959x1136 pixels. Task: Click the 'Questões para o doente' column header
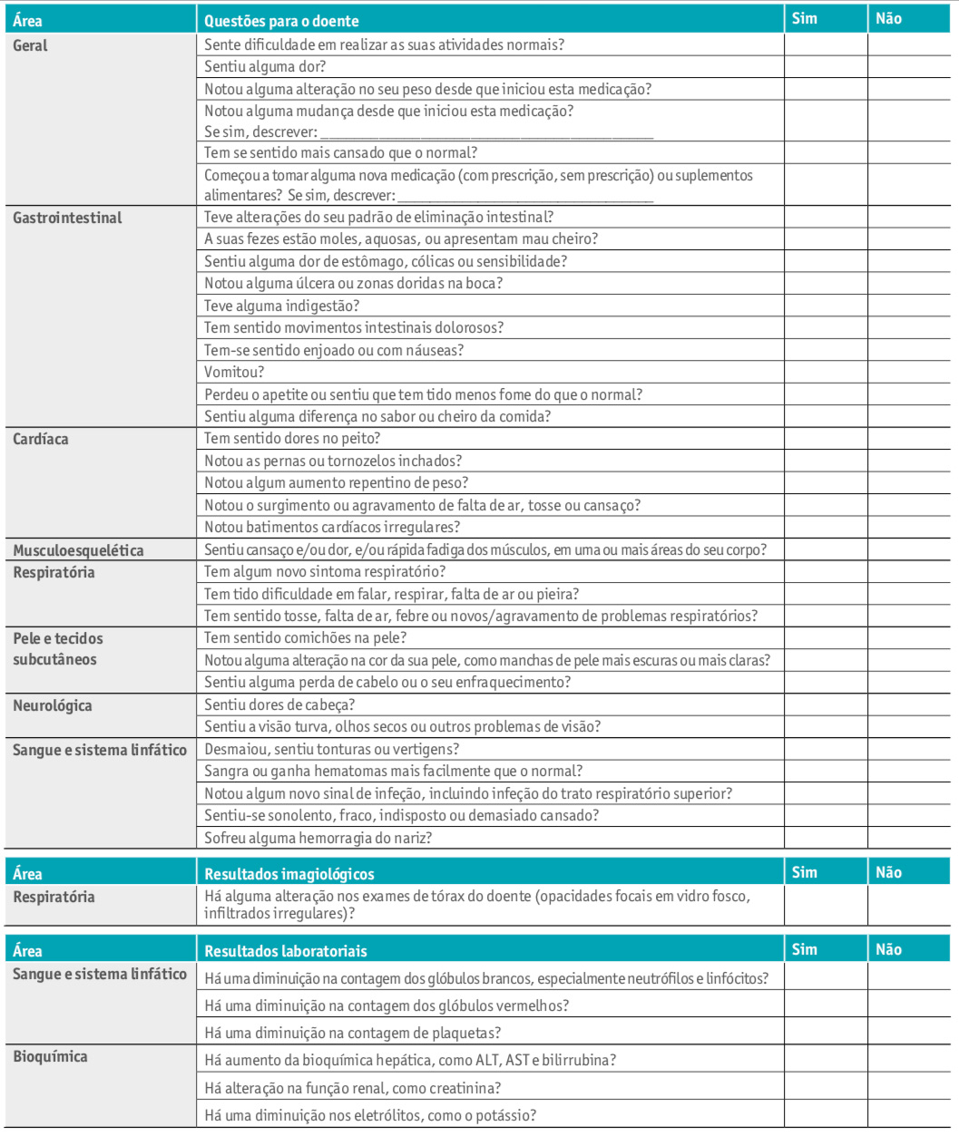coord(281,21)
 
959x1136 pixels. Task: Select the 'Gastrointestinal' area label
coord(67,218)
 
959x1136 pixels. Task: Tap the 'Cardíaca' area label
coord(41,439)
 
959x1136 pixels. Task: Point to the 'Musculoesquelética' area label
coord(78,550)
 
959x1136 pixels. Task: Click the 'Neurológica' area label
coord(53,705)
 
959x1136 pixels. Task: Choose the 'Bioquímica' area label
coord(51,1056)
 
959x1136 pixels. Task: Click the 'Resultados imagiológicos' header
coord(289,874)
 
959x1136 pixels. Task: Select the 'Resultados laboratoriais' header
coord(285,951)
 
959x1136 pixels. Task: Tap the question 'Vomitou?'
coord(234,372)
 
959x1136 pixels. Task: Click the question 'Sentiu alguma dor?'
coord(265,66)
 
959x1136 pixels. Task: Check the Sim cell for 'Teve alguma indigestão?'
coord(826,306)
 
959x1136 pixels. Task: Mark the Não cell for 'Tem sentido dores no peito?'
coord(909,439)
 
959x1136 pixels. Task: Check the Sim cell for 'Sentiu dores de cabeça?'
coord(826,704)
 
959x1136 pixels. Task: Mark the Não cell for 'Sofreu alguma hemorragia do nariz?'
coord(909,838)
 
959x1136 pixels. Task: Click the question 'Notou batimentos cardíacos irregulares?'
coord(332,527)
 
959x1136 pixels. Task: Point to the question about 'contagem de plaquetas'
coord(352,1033)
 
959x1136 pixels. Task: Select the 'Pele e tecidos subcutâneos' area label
coord(58,649)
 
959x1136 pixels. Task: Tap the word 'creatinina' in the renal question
coord(470,1088)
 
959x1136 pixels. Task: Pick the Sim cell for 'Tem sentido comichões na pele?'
coord(826,638)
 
